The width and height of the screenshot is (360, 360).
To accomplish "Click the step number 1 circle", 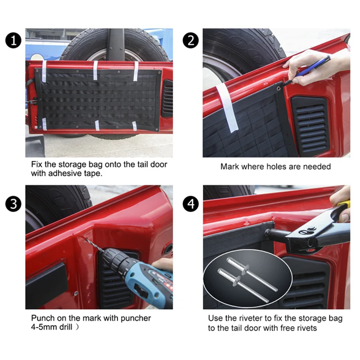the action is (13, 40).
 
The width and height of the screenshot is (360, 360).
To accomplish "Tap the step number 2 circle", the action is (191, 40).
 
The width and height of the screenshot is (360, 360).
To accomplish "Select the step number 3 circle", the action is (13, 204).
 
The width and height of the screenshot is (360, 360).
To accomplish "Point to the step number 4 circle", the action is (191, 204).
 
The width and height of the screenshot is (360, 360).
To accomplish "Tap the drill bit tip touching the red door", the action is (86, 238).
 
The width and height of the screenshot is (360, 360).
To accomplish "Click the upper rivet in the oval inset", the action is (252, 274).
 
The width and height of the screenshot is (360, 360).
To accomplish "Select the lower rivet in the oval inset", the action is (243, 285).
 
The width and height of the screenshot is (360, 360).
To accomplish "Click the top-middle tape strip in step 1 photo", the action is (95, 70).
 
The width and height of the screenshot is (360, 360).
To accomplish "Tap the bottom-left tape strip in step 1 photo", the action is (44, 124).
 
